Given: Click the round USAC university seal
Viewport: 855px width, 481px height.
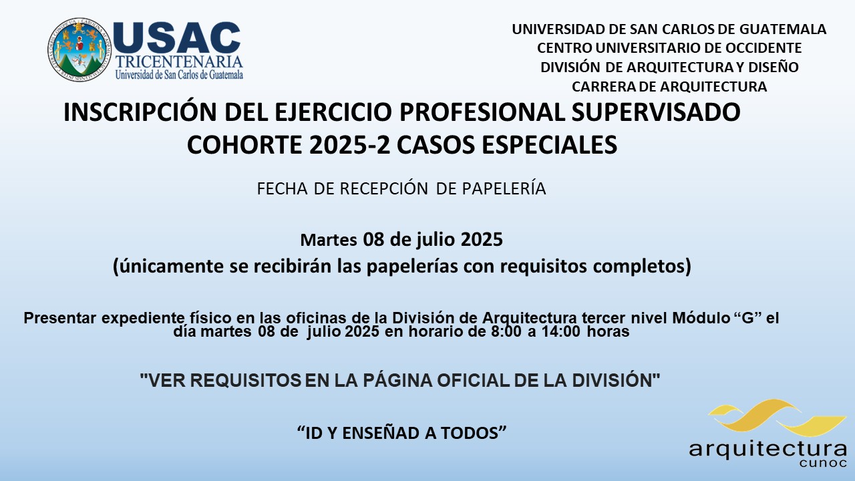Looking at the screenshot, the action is click(79, 49).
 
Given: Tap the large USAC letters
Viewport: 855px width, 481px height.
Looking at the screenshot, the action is click(177, 37).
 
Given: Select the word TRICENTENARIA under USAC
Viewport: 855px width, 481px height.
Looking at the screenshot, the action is click(179, 62).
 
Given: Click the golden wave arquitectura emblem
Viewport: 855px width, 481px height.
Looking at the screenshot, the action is click(777, 418).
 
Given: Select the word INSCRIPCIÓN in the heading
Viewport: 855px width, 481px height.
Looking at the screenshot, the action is click(140, 112).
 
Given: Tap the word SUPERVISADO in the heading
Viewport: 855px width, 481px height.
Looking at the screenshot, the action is click(656, 112).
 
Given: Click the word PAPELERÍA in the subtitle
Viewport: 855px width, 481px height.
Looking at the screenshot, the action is click(504, 188).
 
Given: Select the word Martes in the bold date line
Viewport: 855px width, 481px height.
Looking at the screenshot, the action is click(329, 240).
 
